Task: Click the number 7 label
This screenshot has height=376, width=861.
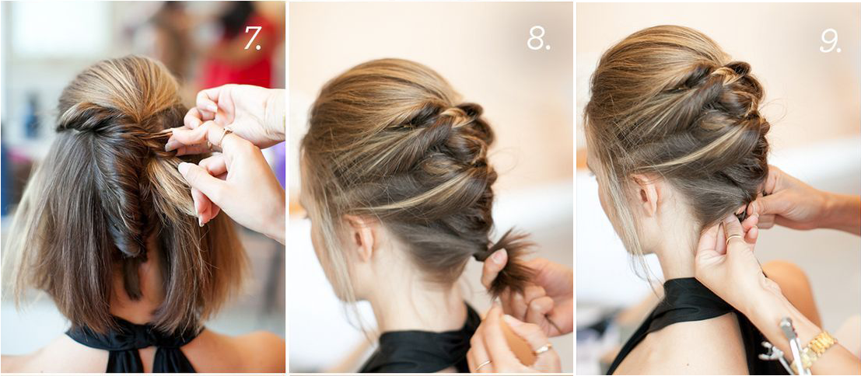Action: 253,38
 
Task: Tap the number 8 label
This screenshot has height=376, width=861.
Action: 538,38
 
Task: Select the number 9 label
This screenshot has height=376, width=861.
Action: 830,40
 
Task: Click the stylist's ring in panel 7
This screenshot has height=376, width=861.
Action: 226,132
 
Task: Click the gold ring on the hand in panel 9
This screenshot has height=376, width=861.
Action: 733,238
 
